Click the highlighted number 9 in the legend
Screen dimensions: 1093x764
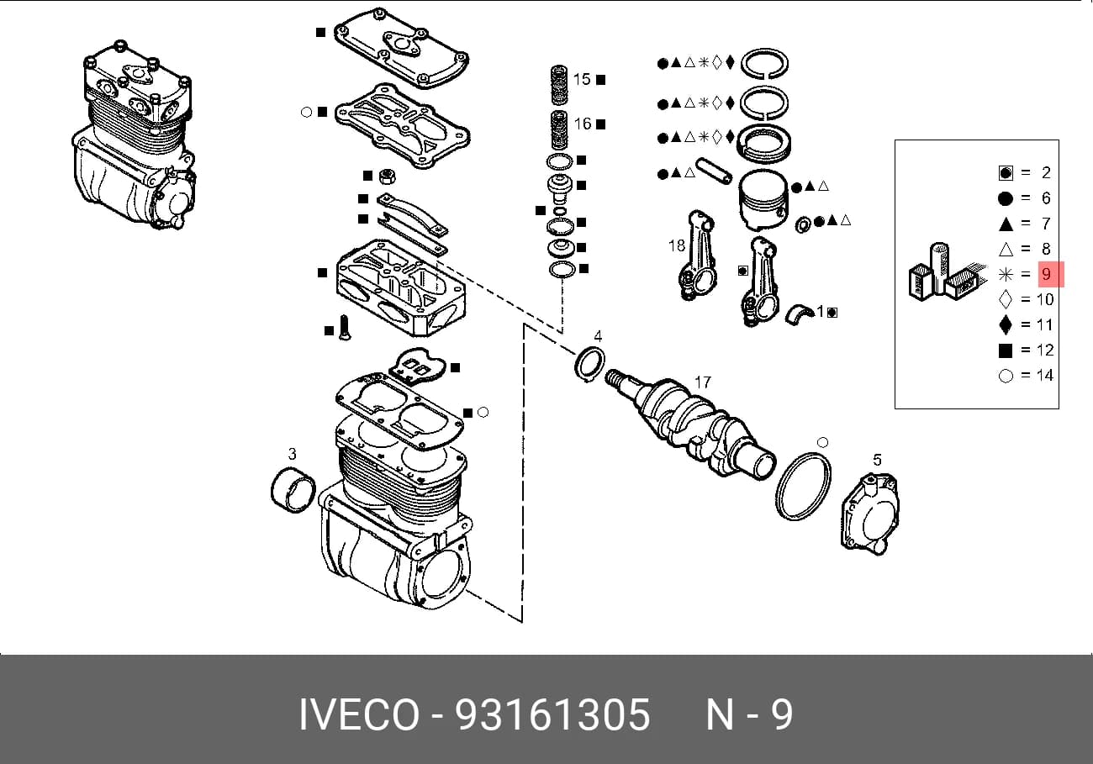tap(1046, 274)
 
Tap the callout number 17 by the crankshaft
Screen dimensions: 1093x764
tap(703, 382)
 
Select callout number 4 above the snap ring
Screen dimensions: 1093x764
tap(598, 336)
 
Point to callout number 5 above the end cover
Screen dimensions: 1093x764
tap(877, 460)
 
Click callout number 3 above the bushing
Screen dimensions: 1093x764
tap(292, 454)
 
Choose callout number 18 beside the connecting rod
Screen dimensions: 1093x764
tap(677, 245)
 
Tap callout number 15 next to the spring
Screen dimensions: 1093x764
tap(582, 79)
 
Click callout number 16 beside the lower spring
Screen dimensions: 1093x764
tap(582, 124)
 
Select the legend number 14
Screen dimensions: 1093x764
tap(1045, 375)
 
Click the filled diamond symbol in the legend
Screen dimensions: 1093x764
tap(1006, 324)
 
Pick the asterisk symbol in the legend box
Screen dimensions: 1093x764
tap(1006, 274)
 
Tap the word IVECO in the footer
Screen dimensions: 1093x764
tap(359, 714)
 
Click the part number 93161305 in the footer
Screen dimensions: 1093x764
tap(552, 714)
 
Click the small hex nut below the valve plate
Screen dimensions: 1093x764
tap(387, 177)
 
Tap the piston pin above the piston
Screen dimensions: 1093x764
tap(714, 171)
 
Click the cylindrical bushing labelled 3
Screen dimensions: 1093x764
tap(293, 490)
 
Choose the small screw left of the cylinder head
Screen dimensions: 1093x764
tap(345, 327)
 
